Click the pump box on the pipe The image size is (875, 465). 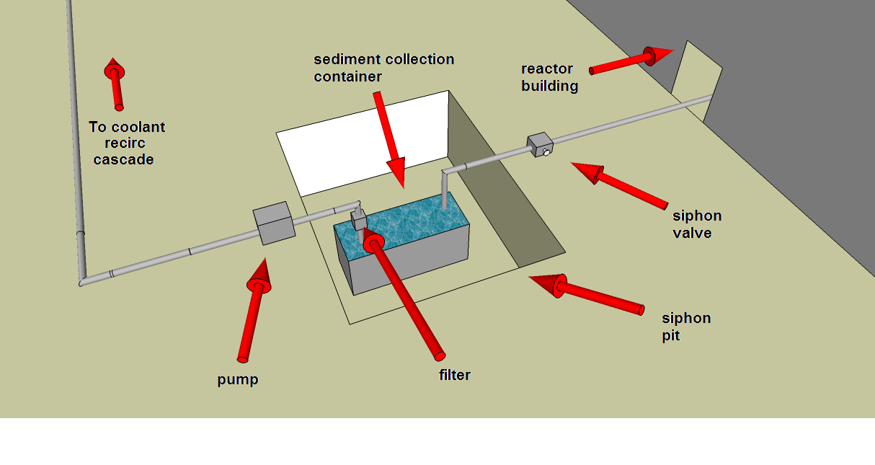click(273, 222)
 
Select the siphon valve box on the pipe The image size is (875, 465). click(539, 145)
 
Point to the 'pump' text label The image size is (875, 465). click(237, 379)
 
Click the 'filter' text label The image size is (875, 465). click(454, 375)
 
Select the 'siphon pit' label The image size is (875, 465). click(685, 327)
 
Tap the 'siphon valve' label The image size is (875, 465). click(696, 223)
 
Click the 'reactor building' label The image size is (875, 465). click(549, 77)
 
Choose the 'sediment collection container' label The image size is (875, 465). click(383, 67)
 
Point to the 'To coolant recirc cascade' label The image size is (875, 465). click(126, 143)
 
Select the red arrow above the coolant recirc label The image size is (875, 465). click(114, 83)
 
